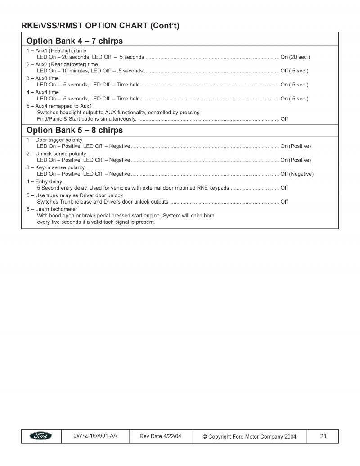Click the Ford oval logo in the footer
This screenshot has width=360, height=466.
coord(41,436)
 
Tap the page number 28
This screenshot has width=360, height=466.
coord(323,436)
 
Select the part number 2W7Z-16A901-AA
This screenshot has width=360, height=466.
coord(95,436)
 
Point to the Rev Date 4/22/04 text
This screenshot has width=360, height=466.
coord(161,436)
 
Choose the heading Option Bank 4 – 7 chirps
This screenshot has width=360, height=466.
coord(75,41)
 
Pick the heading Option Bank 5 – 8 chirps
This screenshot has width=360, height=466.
coord(75,130)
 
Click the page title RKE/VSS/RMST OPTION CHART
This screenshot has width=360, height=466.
coord(100,26)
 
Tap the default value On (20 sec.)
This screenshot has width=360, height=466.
coord(295,57)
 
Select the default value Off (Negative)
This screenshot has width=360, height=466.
coord(297,174)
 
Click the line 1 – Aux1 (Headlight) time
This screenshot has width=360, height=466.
coord(56,51)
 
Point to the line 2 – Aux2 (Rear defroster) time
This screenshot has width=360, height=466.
coord(62,64)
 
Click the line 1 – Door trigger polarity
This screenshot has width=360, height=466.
coord(54,140)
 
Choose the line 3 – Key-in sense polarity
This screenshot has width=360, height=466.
coord(55,167)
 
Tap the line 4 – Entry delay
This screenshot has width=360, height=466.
coord(44,181)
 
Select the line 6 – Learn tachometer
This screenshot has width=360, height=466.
coord(51,209)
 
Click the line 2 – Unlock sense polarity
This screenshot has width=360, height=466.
coord(55,154)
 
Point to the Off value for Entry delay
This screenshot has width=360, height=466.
coord(284,188)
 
